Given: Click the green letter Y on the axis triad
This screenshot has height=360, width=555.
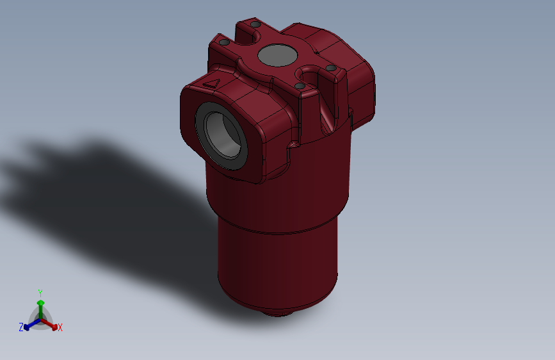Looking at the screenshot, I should point(40,292).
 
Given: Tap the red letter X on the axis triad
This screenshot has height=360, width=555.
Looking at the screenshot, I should point(60,328).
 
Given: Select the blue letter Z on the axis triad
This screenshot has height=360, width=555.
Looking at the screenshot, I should point(21,327).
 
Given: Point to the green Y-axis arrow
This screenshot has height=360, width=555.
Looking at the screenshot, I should point(40,305).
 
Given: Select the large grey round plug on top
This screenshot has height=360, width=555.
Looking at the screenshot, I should point(277,56).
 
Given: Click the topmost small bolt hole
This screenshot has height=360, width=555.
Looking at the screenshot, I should point(255,24).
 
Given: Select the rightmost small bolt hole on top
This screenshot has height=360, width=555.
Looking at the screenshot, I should point(330,68).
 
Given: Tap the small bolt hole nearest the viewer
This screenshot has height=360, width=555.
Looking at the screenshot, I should point(300,86).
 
